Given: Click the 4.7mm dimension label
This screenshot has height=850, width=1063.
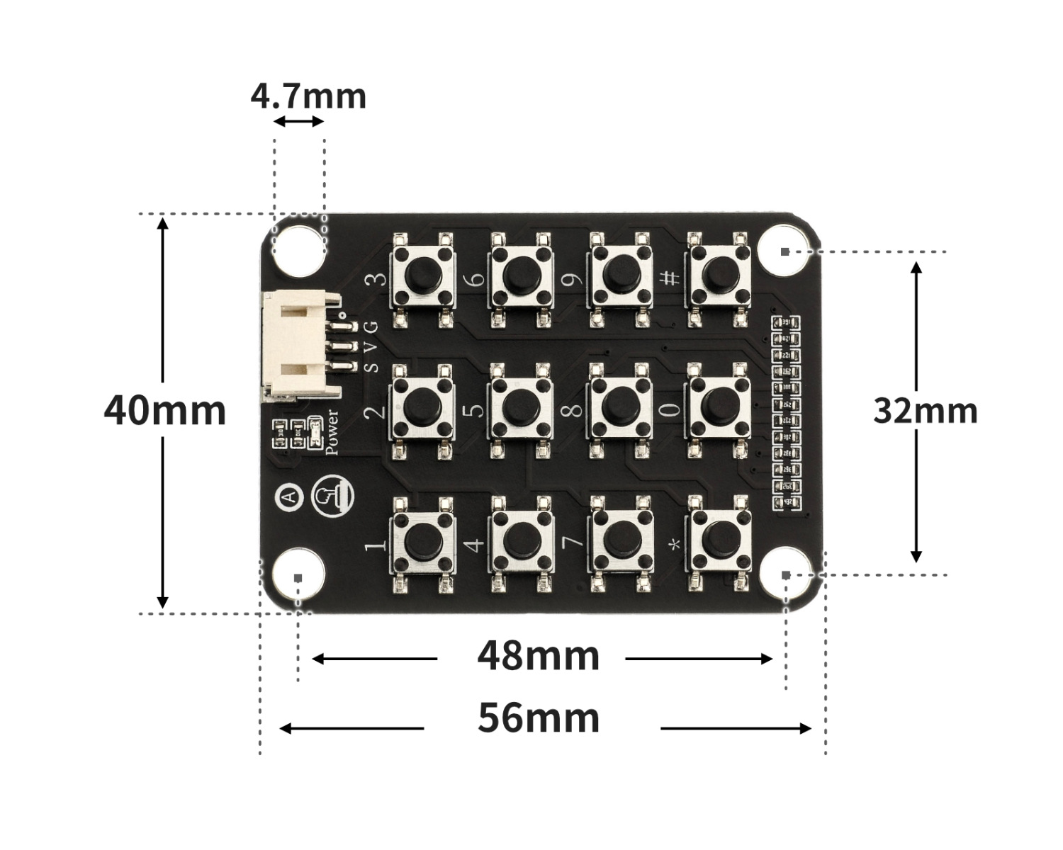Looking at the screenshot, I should [x=308, y=96].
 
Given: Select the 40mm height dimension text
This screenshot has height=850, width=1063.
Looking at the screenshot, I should [x=164, y=411].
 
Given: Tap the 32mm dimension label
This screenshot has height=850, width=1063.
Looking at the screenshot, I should [x=925, y=411].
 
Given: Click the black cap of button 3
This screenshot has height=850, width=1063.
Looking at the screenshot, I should [x=422, y=271].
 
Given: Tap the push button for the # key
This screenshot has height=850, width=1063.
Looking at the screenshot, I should [x=716, y=271].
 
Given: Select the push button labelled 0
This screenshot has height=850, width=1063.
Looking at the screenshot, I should [x=716, y=403].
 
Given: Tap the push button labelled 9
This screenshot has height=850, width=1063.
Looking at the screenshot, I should [x=619, y=271].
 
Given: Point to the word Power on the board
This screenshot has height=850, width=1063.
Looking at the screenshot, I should [x=331, y=431].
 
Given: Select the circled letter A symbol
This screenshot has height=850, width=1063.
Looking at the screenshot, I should [x=289, y=497].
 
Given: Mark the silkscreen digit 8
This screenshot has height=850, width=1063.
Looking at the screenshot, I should [x=575, y=409].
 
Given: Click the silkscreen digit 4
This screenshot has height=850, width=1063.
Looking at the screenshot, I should [x=476, y=544].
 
